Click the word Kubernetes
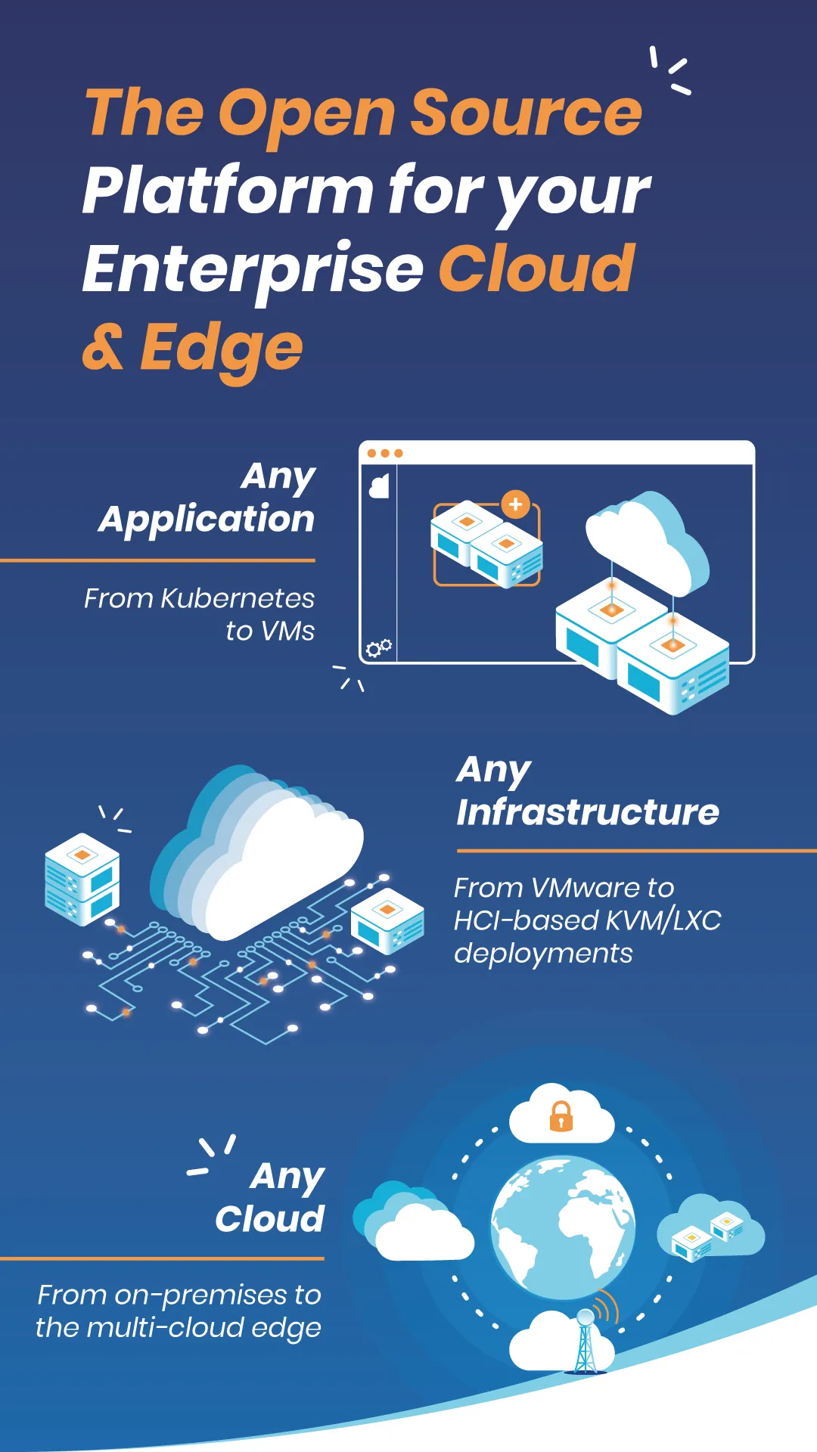click(x=238, y=598)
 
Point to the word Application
click(x=207, y=520)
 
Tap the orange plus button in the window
click(x=516, y=504)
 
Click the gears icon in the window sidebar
click(x=378, y=647)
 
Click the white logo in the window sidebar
click(x=379, y=486)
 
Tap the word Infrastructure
click(x=588, y=812)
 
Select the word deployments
click(x=543, y=954)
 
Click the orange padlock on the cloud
click(x=561, y=1116)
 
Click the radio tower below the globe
click(x=586, y=1342)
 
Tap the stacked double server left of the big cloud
click(x=82, y=879)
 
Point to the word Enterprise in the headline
click(x=253, y=269)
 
